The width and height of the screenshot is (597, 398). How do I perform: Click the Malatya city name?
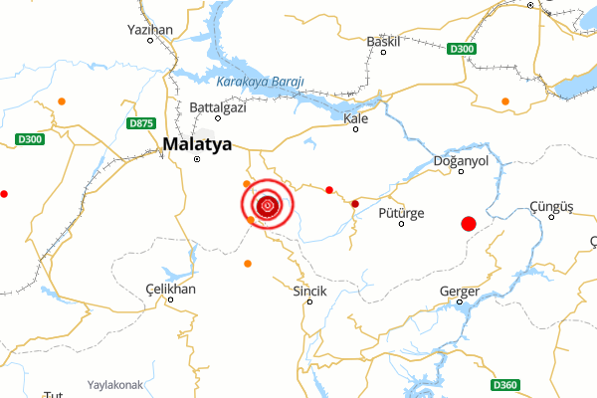(x=197, y=143)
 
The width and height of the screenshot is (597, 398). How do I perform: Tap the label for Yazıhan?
(x=151, y=30)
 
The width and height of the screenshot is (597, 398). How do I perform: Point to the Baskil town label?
(x=383, y=41)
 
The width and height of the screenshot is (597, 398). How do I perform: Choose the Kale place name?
(x=355, y=118)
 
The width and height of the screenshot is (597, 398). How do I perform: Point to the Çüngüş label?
(x=552, y=206)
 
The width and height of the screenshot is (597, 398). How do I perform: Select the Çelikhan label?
(x=171, y=289)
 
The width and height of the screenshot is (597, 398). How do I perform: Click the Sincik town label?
(x=308, y=291)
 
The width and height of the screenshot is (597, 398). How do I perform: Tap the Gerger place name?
(x=460, y=291)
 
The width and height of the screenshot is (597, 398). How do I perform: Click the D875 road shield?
(x=141, y=123)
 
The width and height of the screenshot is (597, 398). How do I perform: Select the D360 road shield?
(x=504, y=385)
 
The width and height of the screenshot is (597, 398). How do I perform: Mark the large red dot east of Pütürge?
(x=469, y=225)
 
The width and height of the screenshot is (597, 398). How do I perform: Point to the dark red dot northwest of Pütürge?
(x=355, y=204)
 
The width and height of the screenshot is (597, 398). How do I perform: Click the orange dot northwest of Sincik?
(x=248, y=264)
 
